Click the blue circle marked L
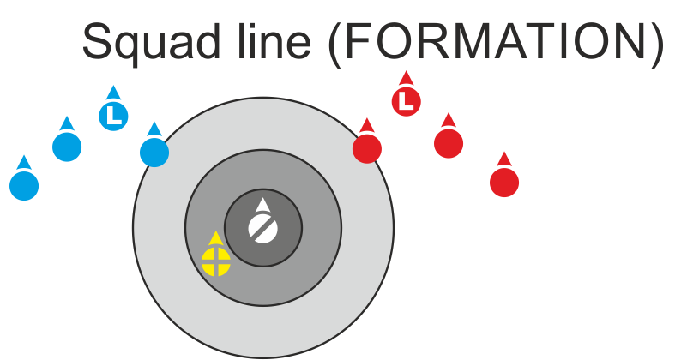113,115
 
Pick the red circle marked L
407,102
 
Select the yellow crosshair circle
216,261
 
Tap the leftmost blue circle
24,185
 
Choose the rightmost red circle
504,182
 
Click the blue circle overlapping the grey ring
154,152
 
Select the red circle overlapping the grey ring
367,148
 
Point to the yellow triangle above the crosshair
216,238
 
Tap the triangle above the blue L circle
113,92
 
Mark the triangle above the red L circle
407,78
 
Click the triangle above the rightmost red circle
504,159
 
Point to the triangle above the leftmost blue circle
24,162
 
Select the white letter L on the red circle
407,102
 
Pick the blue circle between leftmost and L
67,147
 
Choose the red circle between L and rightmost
449,143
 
